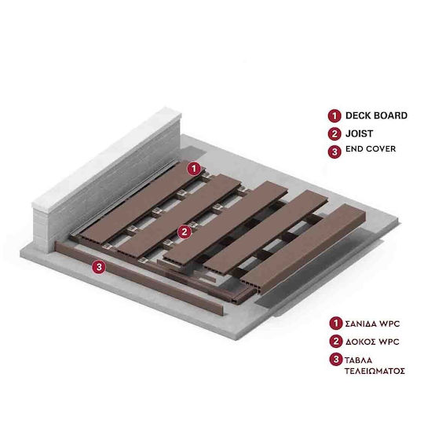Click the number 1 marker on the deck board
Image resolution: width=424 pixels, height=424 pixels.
tap(194, 169)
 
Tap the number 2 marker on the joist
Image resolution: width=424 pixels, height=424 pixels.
tap(185, 232)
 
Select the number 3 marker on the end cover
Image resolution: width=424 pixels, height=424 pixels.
tap(99, 267)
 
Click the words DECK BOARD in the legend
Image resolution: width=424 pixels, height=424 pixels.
tap(376, 115)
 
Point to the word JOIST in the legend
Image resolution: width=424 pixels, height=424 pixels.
tap(359, 133)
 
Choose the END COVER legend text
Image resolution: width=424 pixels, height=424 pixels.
tap(371, 149)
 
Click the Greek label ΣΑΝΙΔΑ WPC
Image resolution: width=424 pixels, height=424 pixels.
tap(372, 324)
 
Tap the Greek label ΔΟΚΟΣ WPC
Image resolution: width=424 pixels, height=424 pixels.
tap(372, 342)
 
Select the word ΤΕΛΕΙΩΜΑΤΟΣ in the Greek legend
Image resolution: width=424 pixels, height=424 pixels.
tap(375, 371)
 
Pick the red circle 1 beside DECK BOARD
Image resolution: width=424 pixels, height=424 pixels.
tap(334, 116)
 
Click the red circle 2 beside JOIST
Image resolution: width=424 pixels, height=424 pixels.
tap(334, 133)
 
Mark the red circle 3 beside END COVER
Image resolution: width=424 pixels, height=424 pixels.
tap(334, 152)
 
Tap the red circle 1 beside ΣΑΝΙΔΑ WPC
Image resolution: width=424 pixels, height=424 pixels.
tap(336, 323)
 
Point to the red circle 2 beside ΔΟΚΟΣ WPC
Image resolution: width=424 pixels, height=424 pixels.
tap(336, 342)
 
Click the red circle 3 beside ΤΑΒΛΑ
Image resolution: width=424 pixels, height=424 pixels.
tap(336, 360)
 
